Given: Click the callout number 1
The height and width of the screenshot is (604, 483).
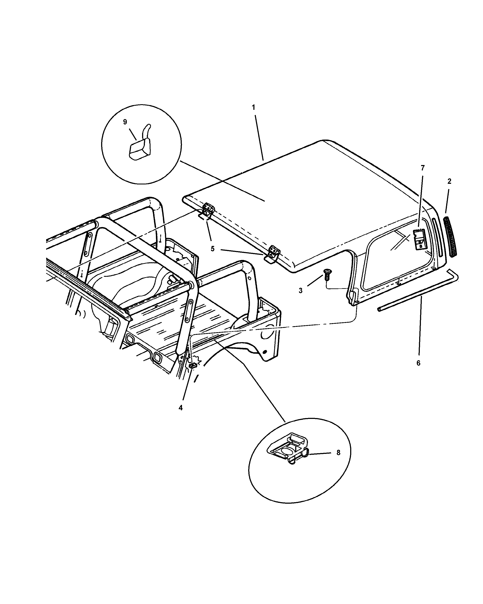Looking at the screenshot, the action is (253, 107).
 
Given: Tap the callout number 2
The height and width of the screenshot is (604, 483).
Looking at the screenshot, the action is (449, 181).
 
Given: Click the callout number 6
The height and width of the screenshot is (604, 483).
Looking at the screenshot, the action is (418, 363).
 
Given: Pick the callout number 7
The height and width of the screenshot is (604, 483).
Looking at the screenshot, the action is (423, 168).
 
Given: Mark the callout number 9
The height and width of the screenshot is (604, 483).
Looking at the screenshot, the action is (125, 122).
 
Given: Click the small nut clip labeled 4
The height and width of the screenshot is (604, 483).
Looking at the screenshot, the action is (193, 366).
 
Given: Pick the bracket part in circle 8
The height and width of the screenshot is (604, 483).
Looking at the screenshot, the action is (289, 452).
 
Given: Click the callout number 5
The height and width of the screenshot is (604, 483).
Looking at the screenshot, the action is (213, 249).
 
